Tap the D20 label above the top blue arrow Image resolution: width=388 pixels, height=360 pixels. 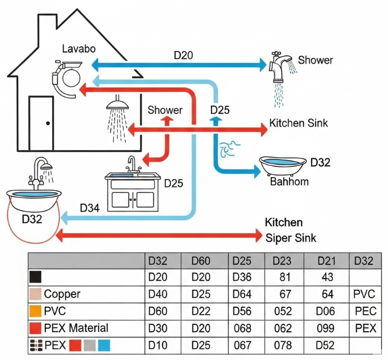[x=184, y=55]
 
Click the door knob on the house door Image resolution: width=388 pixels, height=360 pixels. [x=48, y=123]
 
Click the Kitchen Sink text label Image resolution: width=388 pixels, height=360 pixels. [x=298, y=123]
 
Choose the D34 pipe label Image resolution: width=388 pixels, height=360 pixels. [x=91, y=208]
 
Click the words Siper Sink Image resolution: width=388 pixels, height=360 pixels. [x=291, y=238]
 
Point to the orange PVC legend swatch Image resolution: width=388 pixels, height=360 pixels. [x=35, y=311]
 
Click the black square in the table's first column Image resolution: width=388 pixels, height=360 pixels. [x=35, y=277]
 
